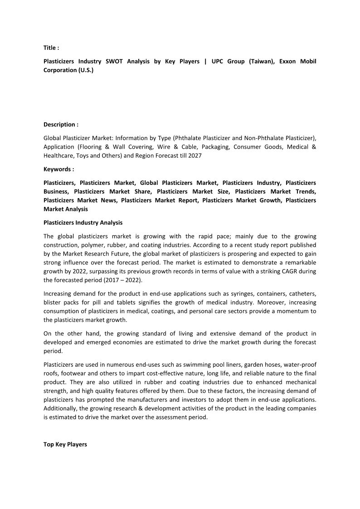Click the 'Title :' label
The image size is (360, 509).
51,48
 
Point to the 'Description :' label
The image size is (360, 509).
61,124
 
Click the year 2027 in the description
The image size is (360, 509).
195,155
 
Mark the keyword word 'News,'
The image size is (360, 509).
107,200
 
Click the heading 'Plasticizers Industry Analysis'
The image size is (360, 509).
83,223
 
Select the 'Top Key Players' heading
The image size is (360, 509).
65,444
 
